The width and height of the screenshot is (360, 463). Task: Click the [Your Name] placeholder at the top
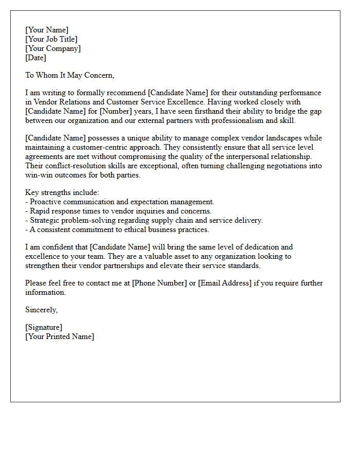(x=47, y=30)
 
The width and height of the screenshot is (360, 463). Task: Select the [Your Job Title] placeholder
(x=51, y=39)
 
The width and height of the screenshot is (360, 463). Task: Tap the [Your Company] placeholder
(x=53, y=48)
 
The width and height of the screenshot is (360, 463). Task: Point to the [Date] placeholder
(x=35, y=58)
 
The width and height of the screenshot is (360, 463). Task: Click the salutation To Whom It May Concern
(x=69, y=75)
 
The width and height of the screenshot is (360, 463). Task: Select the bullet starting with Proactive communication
(x=120, y=202)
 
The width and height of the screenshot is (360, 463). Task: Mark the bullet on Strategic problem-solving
(x=144, y=220)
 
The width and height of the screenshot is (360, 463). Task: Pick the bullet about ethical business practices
(x=117, y=229)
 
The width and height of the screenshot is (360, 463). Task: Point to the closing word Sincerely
(x=42, y=310)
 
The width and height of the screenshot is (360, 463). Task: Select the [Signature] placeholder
(x=44, y=327)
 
